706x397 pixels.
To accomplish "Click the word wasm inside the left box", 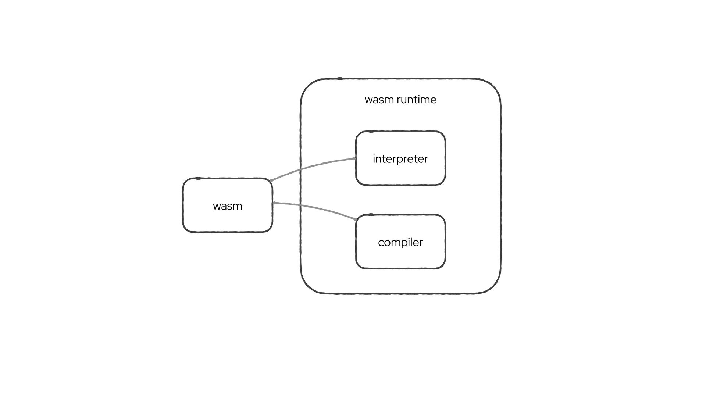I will point(227,206).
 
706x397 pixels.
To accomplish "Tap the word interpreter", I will point(400,159).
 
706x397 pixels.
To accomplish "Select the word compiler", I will point(400,243).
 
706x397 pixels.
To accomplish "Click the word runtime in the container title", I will point(416,100).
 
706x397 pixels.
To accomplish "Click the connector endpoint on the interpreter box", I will point(354,159).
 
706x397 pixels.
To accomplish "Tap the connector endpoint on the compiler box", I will point(356,219).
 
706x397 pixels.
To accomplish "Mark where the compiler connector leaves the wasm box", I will point(274,203).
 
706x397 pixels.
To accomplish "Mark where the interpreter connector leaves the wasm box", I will point(271,180).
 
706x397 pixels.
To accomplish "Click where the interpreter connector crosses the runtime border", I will point(301,169).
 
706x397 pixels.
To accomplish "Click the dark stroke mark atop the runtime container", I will point(340,79).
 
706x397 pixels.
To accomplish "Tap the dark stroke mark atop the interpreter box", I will point(371,131).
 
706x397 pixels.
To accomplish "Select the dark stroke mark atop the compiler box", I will point(371,215).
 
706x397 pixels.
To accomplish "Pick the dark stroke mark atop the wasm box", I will point(198,178).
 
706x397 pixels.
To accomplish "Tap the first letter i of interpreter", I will point(374,159).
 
